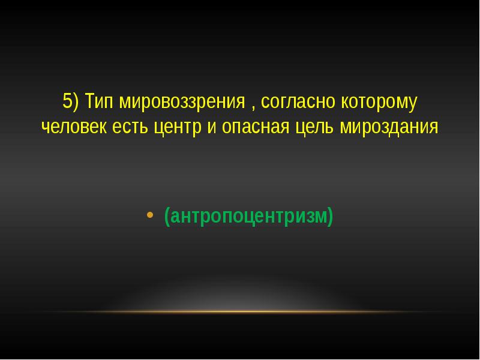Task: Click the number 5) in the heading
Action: pos(71,102)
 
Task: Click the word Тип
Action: pos(99,102)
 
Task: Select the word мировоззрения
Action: pos(181,102)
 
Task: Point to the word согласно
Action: pos(297,102)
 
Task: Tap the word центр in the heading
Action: pos(179,128)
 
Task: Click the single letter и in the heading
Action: pos(212,128)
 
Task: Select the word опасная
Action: pos(254,128)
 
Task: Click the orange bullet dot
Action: pos(150,214)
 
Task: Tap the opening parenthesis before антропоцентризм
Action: pos(166,215)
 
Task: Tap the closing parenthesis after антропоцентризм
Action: pos(330,215)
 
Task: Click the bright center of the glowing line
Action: pos(240,311)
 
